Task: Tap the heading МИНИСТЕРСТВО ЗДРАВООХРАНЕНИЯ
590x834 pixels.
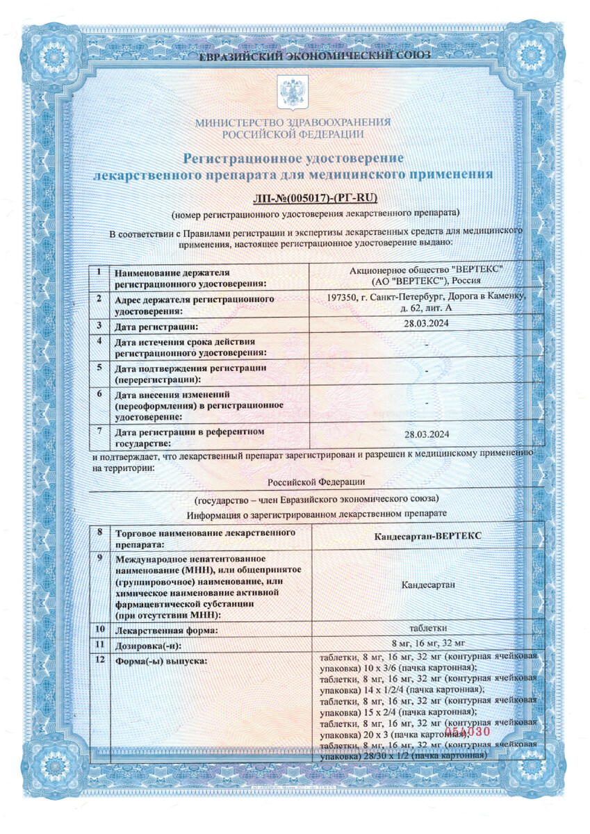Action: (293, 122)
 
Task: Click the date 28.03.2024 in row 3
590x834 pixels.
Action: (427, 325)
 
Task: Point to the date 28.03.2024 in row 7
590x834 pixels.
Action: (427, 435)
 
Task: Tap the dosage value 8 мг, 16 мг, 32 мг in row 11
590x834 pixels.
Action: (427, 643)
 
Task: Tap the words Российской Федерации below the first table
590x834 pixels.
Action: (316, 482)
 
